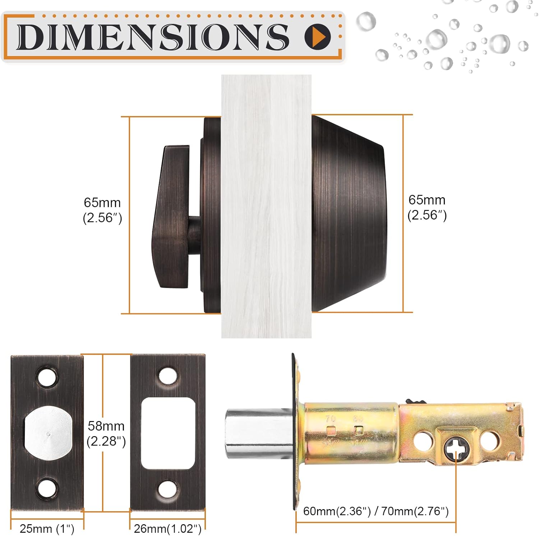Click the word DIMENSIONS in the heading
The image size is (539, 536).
tap(152, 37)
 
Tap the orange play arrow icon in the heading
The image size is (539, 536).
tap(318, 36)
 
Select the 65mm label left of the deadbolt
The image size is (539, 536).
tap(102, 210)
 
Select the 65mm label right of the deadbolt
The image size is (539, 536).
tap(427, 207)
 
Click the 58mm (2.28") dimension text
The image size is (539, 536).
tap(106, 433)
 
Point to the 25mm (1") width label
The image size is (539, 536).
tap(47, 528)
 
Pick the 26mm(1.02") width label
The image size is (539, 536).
tap(167, 528)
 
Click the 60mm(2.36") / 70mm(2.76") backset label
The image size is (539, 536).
tap(376, 511)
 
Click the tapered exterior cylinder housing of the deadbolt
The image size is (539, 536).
tap(349, 214)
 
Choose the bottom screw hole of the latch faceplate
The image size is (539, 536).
tap(48, 489)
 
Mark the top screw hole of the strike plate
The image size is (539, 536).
tap(168, 375)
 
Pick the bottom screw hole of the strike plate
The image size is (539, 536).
tap(168, 489)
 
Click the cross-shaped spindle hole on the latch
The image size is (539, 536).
tap(455, 449)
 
